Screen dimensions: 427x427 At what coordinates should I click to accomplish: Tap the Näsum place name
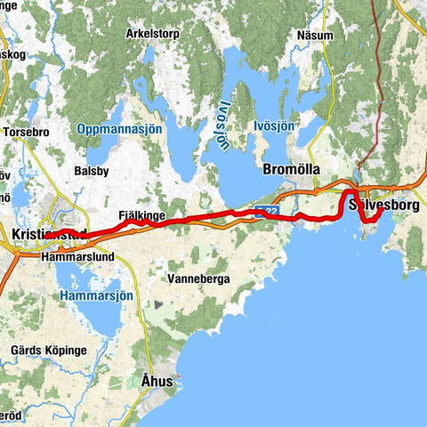point(316,36)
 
